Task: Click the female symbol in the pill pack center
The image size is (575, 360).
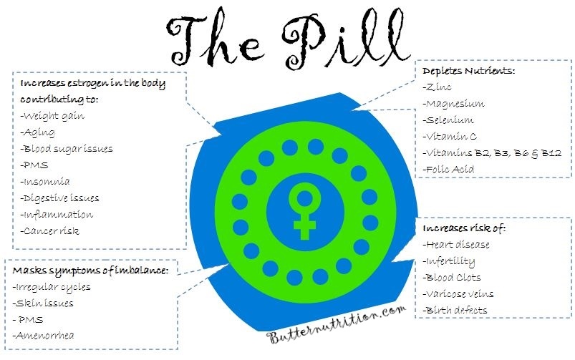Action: [x=304, y=211]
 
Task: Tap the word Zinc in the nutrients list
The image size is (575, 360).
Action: [x=437, y=87]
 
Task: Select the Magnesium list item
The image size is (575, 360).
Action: [x=453, y=104]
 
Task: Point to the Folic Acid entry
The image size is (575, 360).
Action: [x=448, y=169]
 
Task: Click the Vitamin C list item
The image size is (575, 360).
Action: [x=450, y=137]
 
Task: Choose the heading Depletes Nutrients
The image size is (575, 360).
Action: [x=468, y=70]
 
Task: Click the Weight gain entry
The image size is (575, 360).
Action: [x=52, y=116]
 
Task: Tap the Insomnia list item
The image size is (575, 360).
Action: [x=45, y=182]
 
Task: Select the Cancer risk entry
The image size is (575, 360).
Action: [x=50, y=230]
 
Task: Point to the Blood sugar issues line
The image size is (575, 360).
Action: [x=67, y=149]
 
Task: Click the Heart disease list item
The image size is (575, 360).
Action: [x=456, y=245]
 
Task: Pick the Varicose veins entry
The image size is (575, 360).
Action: [x=458, y=294]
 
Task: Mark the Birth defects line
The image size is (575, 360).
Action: [x=455, y=310]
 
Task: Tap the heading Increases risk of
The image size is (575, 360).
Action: [x=464, y=228]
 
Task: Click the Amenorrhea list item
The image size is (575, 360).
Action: [x=43, y=335]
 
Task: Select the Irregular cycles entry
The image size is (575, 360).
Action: [x=52, y=287]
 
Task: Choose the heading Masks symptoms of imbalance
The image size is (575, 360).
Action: [x=90, y=271]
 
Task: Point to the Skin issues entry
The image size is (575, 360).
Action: [x=43, y=303]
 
